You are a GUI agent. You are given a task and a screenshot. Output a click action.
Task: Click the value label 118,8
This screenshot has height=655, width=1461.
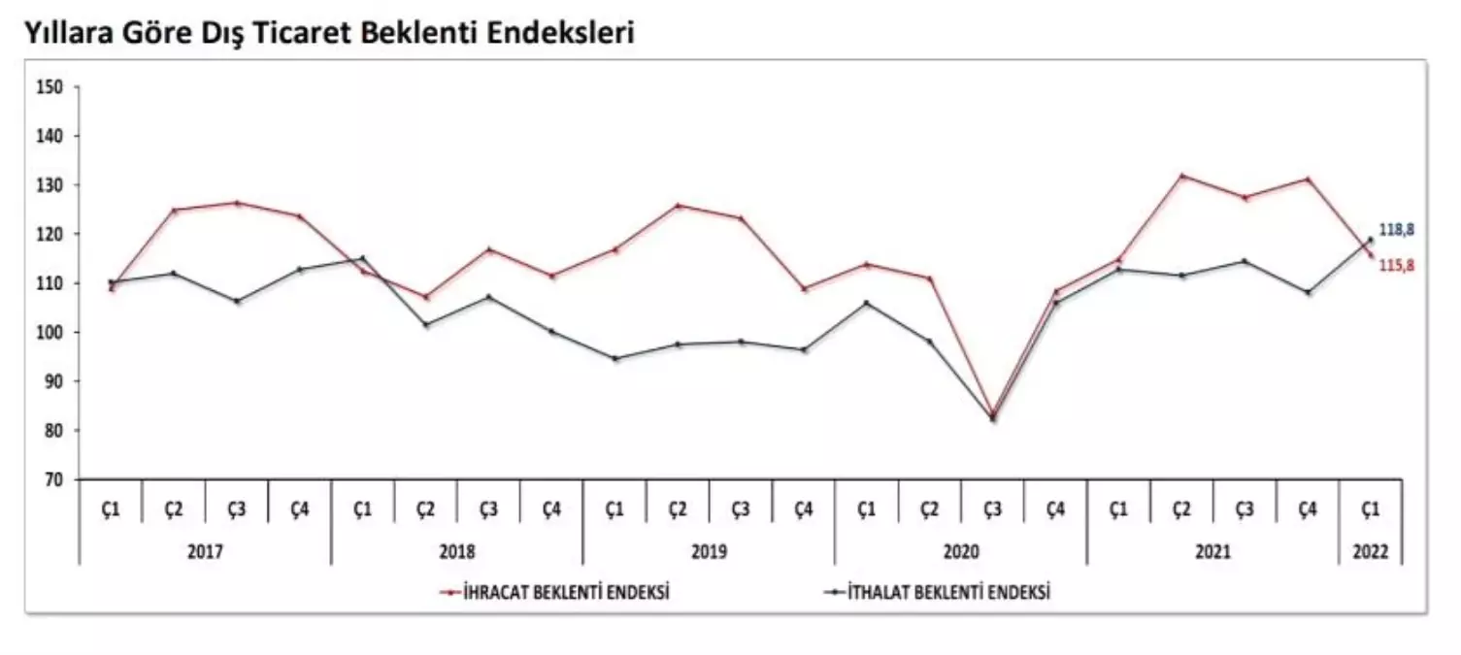point(1397,230)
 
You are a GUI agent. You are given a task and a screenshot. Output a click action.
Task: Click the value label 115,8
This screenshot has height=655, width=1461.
point(1397,265)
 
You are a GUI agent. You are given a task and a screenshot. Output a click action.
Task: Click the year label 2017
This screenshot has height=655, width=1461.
point(205,551)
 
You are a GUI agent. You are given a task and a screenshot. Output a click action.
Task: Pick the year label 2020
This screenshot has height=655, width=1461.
point(960,551)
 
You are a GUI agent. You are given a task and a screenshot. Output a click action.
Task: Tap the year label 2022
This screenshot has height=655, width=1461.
point(1370,551)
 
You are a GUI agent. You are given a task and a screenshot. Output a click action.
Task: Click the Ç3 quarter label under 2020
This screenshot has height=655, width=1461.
point(992,508)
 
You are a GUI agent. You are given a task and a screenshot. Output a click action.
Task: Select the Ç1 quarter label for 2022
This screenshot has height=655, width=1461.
point(1370,508)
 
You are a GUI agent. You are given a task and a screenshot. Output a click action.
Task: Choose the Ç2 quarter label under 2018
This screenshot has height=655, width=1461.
point(425,508)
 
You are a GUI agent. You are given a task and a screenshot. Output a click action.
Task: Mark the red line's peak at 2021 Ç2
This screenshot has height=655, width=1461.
point(1181,176)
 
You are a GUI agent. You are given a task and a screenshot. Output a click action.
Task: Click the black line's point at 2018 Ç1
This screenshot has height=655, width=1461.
point(362,258)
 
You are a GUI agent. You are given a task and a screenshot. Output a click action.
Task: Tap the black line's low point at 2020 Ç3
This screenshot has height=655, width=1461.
point(992,419)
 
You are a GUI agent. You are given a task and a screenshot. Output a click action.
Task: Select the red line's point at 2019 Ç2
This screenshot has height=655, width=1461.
point(678,206)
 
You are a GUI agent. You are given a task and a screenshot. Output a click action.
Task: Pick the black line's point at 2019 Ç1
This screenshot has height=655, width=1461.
point(614,358)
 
